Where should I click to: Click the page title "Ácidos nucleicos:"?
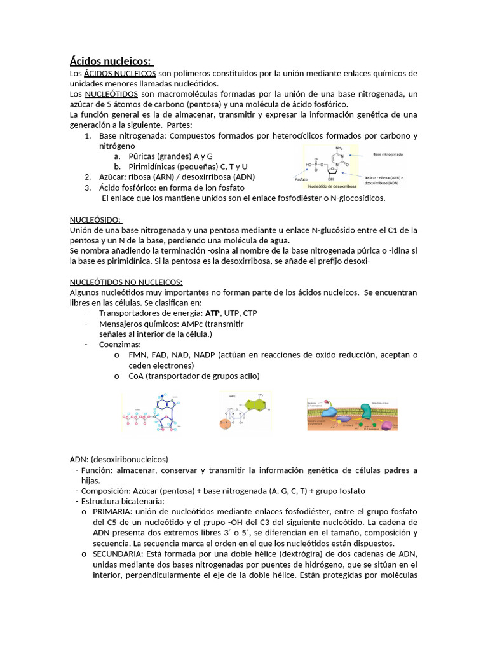click(x=111, y=62)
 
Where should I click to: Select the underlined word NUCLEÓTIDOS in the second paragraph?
click(x=109, y=94)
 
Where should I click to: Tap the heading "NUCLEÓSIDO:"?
click(x=95, y=219)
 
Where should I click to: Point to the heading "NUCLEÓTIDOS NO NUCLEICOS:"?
click(x=126, y=282)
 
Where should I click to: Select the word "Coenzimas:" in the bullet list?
click(x=120, y=344)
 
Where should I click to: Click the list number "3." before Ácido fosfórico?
click(x=88, y=188)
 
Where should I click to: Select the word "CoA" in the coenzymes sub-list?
click(x=136, y=376)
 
